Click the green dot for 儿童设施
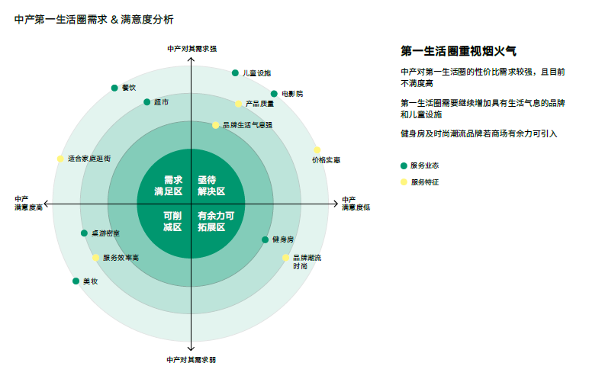[x=235, y=73]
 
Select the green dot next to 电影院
[x=274, y=94]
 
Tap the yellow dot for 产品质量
[x=239, y=104]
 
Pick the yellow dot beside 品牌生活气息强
[x=216, y=125]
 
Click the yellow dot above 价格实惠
[x=317, y=150]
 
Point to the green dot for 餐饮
[x=114, y=88]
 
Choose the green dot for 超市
[x=147, y=102]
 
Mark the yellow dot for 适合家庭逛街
[x=60, y=159]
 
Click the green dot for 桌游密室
[x=85, y=233]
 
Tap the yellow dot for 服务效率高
[x=96, y=258]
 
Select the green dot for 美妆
[x=76, y=281]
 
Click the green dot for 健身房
[x=266, y=239]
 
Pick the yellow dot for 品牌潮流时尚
[x=286, y=258]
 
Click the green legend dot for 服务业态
[x=404, y=165]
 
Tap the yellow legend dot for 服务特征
[x=404, y=182]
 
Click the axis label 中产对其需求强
[x=192, y=49]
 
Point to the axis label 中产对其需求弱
[x=192, y=360]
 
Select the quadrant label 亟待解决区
[x=211, y=185]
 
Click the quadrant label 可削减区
[x=172, y=221]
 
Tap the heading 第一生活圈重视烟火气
[x=459, y=51]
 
